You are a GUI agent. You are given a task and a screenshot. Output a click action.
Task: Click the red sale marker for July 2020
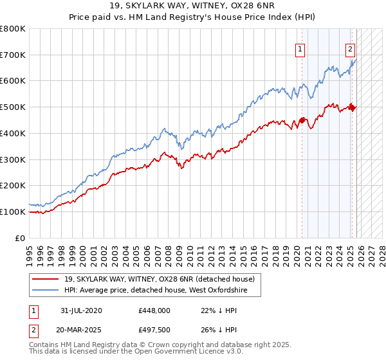coord(302,120)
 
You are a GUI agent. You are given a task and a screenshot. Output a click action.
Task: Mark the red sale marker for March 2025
coord(352,107)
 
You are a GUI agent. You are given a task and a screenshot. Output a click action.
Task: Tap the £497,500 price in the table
coord(154,330)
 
